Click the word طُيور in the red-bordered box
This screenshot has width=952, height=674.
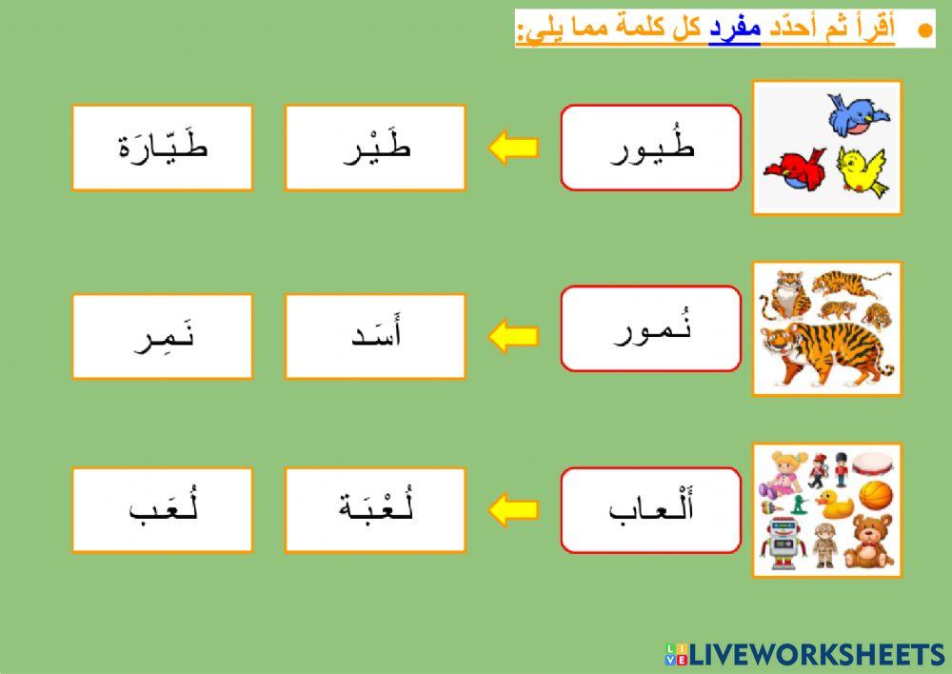651,148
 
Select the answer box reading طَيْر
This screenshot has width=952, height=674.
375,148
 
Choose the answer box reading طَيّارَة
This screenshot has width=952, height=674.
162,148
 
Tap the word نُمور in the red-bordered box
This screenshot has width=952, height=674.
651,328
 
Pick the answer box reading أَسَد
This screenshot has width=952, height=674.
375,336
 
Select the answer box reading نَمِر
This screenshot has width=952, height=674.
162,336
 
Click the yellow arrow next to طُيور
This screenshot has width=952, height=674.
513,149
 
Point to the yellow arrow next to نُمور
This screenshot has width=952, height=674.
513,336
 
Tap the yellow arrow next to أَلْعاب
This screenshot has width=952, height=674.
513,509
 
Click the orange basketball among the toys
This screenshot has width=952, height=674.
876,496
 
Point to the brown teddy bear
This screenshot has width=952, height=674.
867,542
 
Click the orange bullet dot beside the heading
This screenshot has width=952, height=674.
922,30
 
